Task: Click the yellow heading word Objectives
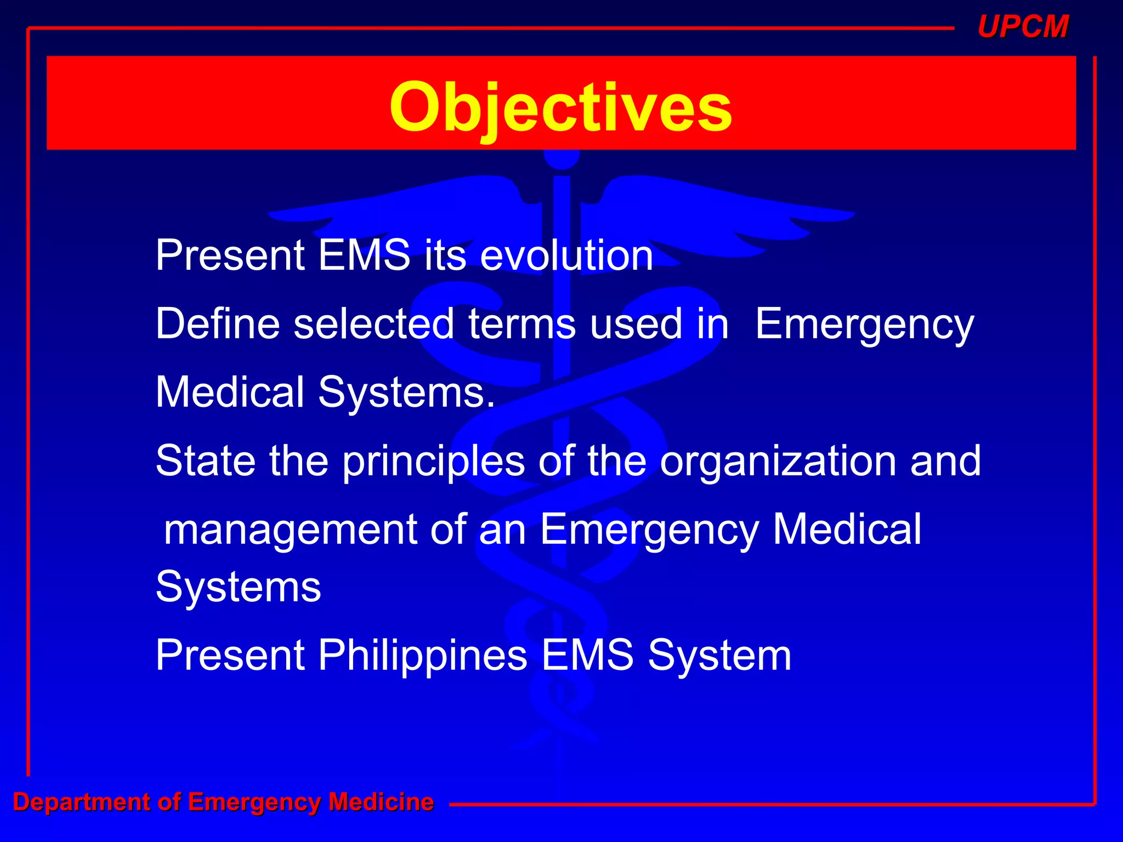click(560, 107)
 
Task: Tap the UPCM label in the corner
click(1023, 26)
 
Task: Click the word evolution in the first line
click(566, 255)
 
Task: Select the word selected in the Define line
click(373, 324)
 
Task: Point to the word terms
click(521, 324)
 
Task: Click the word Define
click(217, 324)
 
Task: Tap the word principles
click(433, 462)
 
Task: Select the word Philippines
click(422, 656)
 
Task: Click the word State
click(206, 460)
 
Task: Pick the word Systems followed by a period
click(406, 392)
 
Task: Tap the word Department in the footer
click(81, 802)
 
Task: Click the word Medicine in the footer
click(381, 802)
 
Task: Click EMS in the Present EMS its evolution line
click(364, 255)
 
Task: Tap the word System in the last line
click(719, 656)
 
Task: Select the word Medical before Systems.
click(230, 392)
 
